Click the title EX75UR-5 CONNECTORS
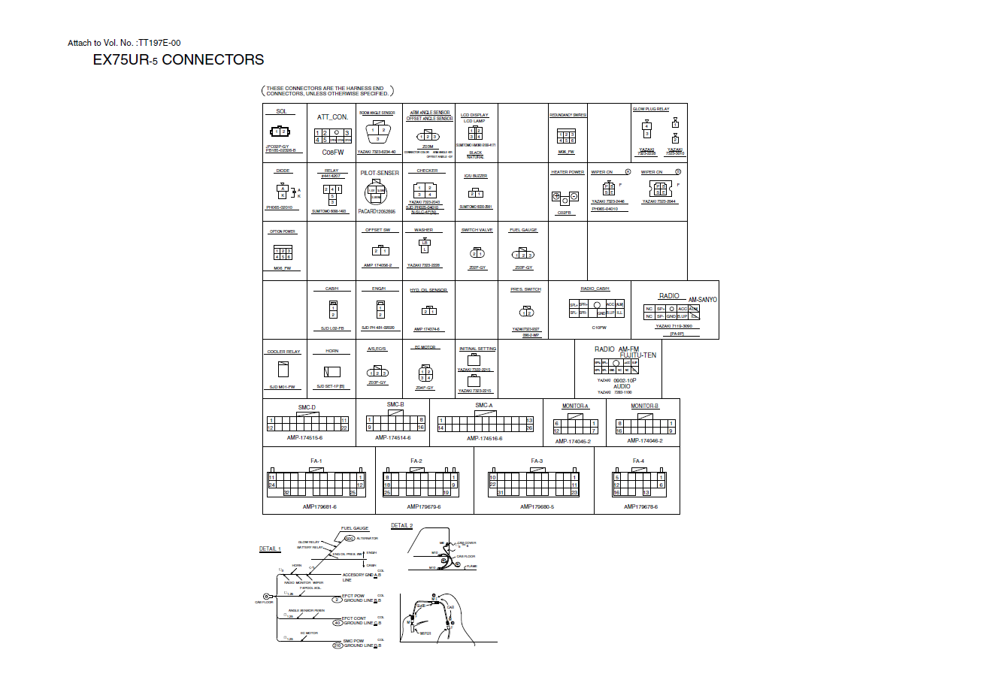[178, 60]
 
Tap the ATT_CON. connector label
[332, 117]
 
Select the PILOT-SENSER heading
[380, 173]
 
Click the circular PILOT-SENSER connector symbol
[377, 193]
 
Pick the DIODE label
[283, 171]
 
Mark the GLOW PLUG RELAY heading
[651, 109]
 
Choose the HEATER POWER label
[568, 172]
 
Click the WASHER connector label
[424, 230]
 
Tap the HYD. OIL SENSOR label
[428, 290]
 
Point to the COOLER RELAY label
[283, 352]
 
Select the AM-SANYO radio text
[703, 300]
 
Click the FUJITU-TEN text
[637, 355]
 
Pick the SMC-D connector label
[307, 407]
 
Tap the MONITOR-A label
[575, 407]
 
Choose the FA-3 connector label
[537, 461]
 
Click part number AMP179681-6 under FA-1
[319, 506]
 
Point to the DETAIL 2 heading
[402, 526]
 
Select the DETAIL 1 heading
[270, 549]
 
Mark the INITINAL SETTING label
[478, 349]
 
